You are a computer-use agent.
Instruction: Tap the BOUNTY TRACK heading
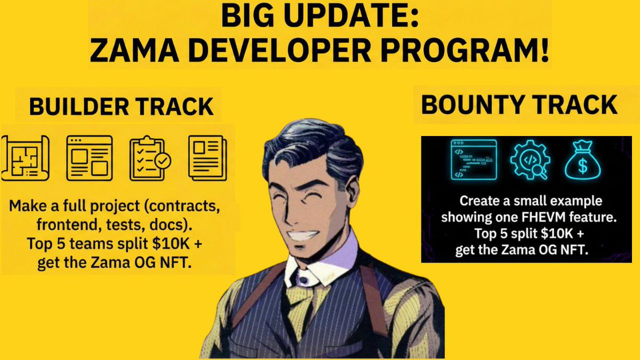point(519,105)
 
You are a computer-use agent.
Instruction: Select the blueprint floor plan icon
point(26,156)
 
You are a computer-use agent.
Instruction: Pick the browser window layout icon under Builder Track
point(89,156)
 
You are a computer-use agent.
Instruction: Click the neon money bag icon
point(582,159)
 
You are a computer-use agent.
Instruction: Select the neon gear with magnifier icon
point(528,159)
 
